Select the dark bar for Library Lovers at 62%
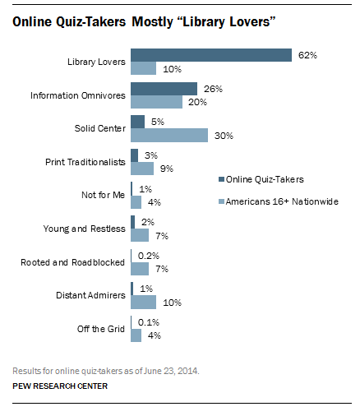(210, 56)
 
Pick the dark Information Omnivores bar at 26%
(164, 89)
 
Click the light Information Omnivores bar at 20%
(156, 103)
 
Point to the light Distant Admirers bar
(143, 302)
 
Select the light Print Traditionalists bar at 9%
(141, 169)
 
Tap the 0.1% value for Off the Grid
(147, 321)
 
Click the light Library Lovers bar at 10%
(143, 69)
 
